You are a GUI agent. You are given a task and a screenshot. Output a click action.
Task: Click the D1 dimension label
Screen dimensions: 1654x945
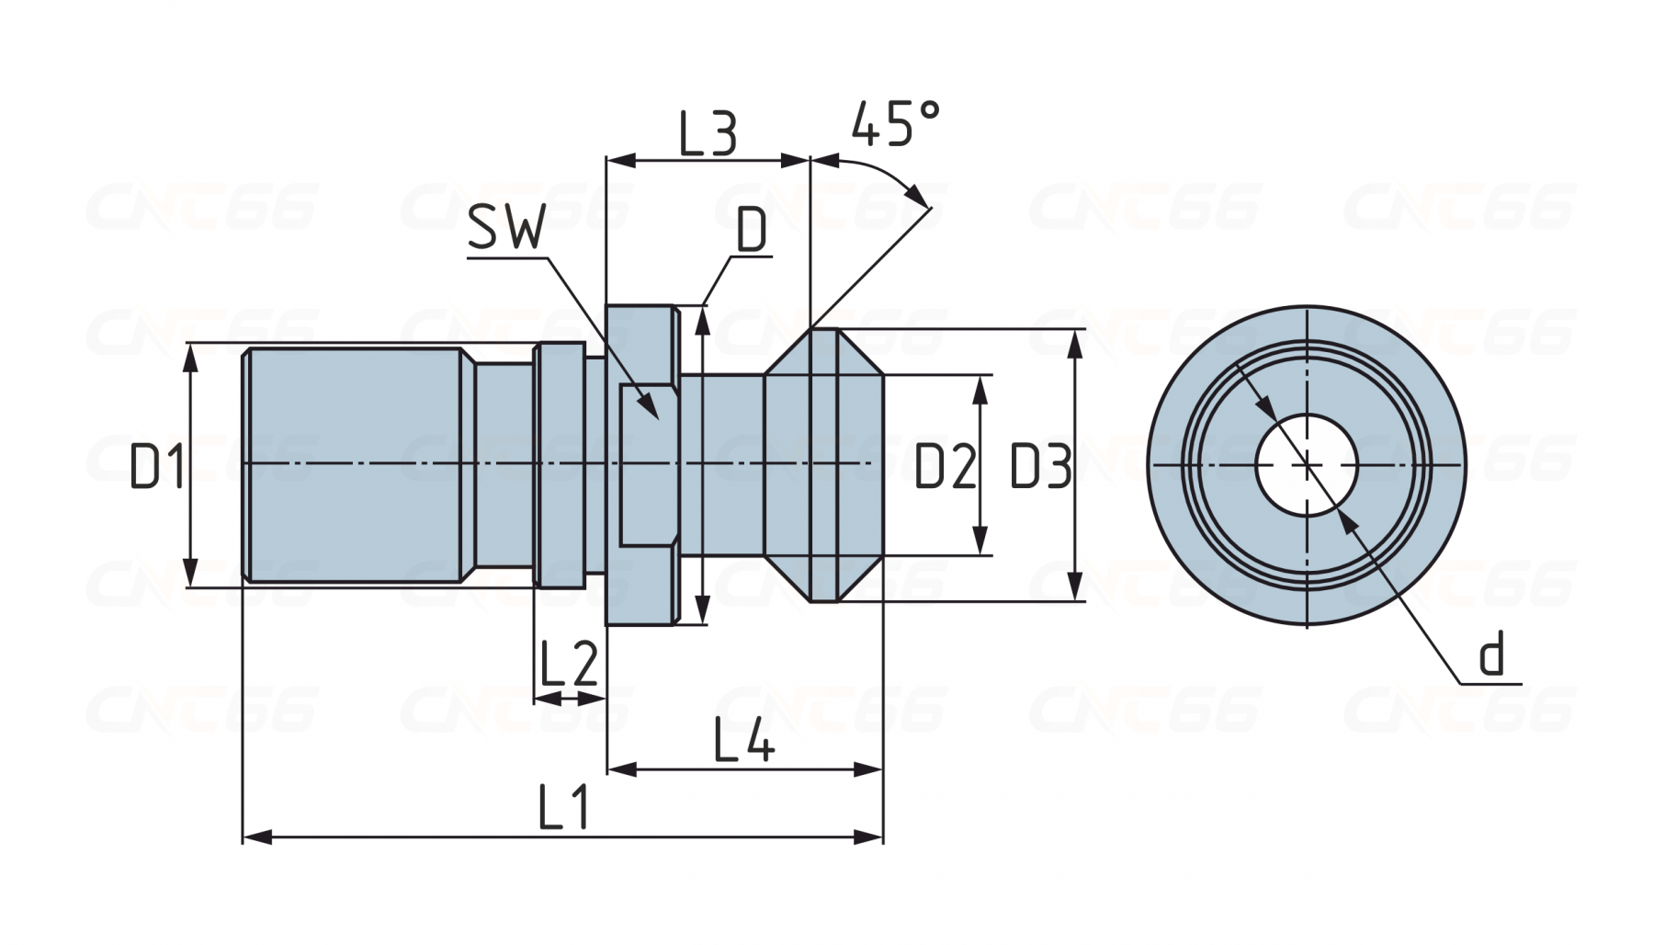158,465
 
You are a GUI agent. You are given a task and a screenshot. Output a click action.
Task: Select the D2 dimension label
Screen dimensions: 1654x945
945,467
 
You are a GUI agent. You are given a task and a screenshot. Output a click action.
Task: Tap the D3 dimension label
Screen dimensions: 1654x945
1041,466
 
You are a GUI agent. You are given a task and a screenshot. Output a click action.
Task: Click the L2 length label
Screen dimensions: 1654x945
570,664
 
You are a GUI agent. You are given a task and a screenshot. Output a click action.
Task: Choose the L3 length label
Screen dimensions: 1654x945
708,133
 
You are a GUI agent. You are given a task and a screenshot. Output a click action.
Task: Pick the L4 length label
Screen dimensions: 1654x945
744,740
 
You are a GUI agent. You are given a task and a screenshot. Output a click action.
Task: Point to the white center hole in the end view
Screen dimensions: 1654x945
1307,465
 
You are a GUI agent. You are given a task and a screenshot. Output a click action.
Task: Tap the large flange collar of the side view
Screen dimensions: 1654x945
641,465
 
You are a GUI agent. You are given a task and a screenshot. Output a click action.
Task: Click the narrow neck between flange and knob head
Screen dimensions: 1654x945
722,465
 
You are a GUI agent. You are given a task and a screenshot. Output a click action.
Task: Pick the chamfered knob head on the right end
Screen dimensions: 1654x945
824,465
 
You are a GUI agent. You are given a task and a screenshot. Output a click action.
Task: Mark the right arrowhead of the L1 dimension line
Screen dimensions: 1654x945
869,837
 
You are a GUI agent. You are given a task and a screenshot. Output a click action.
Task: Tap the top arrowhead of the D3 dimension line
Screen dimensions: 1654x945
1073,344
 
